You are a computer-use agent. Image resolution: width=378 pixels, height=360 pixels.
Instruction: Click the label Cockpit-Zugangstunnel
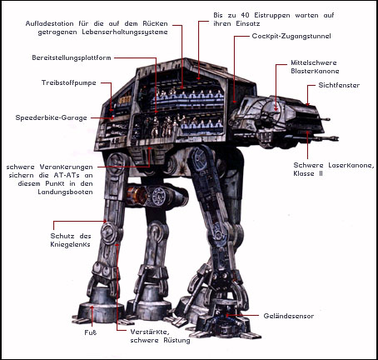pyautogui.click(x=291, y=36)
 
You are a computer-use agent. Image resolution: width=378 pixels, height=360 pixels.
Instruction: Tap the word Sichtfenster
pyautogui.click(x=339, y=85)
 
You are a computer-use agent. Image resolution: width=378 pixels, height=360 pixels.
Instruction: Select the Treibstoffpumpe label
pyautogui.click(x=69, y=82)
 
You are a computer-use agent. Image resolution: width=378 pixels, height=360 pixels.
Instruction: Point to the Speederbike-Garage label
pyautogui.click(x=52, y=117)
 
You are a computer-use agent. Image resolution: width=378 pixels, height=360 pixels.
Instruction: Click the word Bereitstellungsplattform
pyautogui.click(x=72, y=57)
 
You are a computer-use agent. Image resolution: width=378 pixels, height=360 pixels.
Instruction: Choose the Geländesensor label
pyautogui.click(x=289, y=316)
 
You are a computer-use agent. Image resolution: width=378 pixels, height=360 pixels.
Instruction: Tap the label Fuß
pyautogui.click(x=91, y=332)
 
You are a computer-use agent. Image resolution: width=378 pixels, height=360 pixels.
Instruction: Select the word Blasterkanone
pyautogui.click(x=315, y=71)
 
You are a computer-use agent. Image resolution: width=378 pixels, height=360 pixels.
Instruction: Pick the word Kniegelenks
pyautogui.click(x=70, y=244)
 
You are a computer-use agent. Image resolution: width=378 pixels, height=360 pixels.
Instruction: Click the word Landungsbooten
pyautogui.click(x=65, y=192)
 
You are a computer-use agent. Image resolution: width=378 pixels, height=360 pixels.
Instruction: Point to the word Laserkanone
pyautogui.click(x=350, y=165)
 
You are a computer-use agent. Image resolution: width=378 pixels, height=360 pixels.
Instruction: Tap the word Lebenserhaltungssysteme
pyautogui.click(x=125, y=32)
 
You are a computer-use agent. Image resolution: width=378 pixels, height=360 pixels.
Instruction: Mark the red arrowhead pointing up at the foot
pyautogui.click(x=92, y=307)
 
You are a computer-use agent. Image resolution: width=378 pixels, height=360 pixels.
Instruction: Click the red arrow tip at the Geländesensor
pyautogui.click(x=227, y=316)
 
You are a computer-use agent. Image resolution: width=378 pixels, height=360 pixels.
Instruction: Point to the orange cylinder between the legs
pyautogui.click(x=137, y=194)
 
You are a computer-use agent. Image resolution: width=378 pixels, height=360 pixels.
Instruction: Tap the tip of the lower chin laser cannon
pyautogui.click(x=337, y=137)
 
